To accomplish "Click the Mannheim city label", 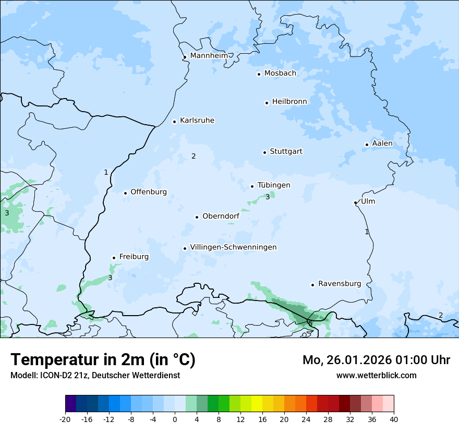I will (x=209, y=55).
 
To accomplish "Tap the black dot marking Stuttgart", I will (x=264, y=152).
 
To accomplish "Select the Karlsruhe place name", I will (x=197, y=121).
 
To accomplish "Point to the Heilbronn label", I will (x=289, y=102).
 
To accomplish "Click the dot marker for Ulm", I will (x=355, y=202).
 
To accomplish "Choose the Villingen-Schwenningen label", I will (x=233, y=247).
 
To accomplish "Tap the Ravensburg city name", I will (x=340, y=284).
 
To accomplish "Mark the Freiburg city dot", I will (x=114, y=258).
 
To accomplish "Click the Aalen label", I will (x=382, y=143).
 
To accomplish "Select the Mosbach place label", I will (x=280, y=74).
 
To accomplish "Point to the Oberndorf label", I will (x=221, y=216).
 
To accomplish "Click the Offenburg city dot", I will (x=125, y=193).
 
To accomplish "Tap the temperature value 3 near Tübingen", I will (x=268, y=197).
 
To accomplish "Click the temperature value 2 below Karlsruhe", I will (x=194, y=156).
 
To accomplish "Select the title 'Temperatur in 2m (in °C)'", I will (x=103, y=359).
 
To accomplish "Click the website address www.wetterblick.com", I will (x=376, y=375).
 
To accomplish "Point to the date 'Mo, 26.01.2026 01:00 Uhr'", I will (x=376, y=360).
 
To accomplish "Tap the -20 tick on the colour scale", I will (x=65, y=419).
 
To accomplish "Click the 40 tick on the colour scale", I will (x=394, y=419).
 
